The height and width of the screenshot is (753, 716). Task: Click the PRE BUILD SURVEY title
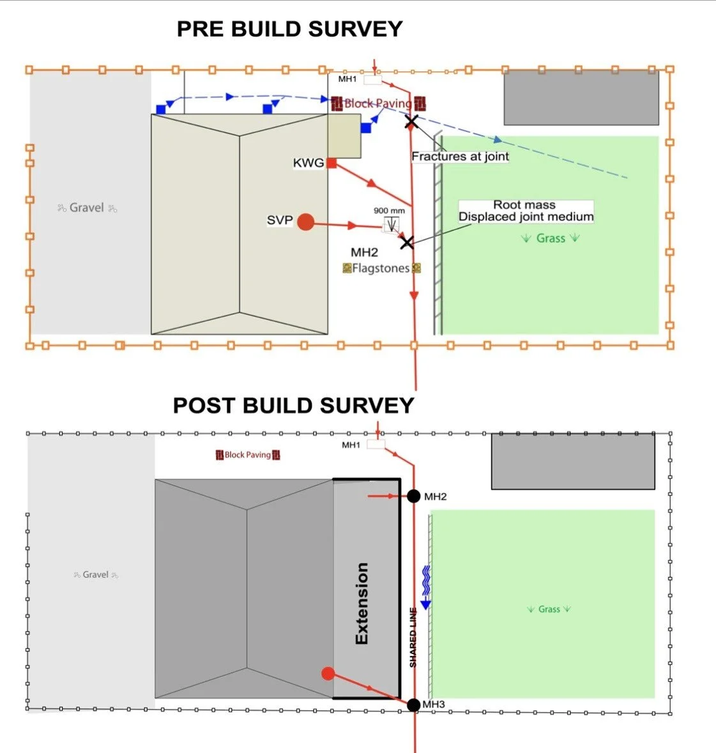click(x=289, y=29)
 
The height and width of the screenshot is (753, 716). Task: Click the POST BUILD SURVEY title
click(x=293, y=406)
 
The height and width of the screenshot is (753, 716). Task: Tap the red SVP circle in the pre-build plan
click(x=306, y=222)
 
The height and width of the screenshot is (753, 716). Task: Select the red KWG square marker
click(x=331, y=164)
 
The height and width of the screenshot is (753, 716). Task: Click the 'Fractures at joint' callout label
click(x=460, y=156)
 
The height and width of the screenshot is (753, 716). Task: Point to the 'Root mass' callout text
click(x=524, y=205)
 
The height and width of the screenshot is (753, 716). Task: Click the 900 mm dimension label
click(x=389, y=211)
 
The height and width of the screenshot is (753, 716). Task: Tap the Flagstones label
click(x=381, y=269)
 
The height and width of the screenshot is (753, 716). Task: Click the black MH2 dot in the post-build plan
click(x=414, y=496)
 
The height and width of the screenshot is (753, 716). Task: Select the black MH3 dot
click(x=414, y=704)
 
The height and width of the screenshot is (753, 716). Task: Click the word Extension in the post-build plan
click(x=362, y=604)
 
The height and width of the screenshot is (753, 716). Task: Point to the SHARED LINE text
click(x=413, y=637)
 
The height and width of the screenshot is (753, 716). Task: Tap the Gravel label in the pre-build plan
click(x=87, y=208)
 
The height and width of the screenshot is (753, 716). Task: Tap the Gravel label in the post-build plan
click(x=96, y=575)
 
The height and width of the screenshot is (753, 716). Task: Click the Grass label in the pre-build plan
click(x=550, y=238)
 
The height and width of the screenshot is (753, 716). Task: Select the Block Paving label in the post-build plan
click(x=248, y=455)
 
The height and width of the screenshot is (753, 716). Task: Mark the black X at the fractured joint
click(x=412, y=121)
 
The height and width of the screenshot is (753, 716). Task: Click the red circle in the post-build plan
click(x=328, y=673)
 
